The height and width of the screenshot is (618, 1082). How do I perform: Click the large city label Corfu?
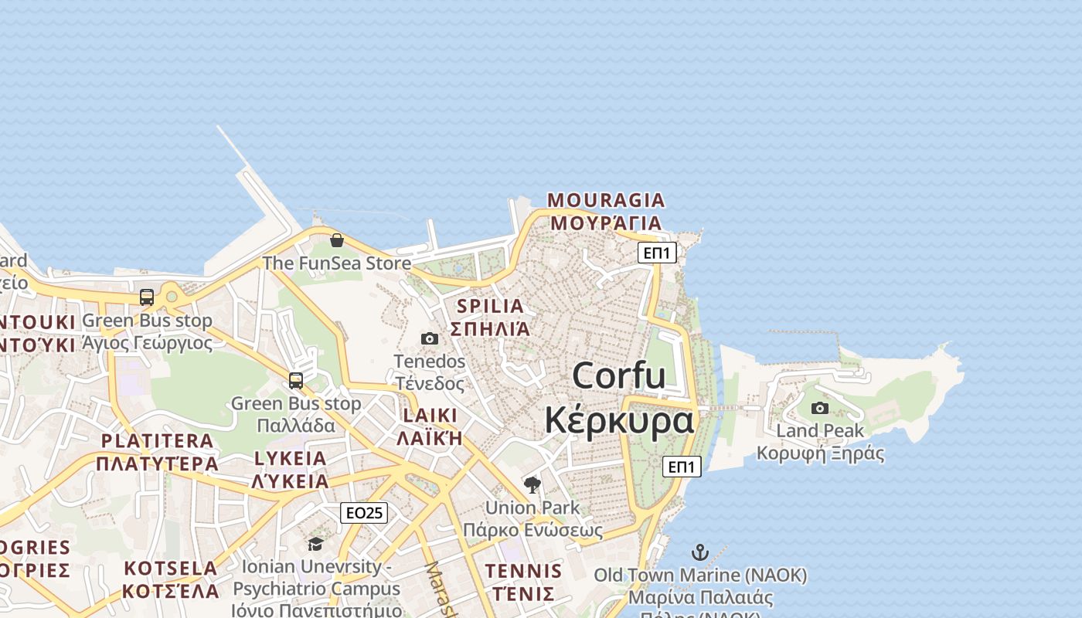[x=619, y=376]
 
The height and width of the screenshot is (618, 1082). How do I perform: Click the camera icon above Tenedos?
[x=430, y=338]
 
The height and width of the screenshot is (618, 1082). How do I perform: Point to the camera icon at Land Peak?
[x=820, y=408]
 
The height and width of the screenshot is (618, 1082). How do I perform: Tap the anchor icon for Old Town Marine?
[x=699, y=552]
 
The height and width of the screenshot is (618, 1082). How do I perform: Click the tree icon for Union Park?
[x=532, y=485]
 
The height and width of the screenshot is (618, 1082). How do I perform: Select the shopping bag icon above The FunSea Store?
[x=337, y=240]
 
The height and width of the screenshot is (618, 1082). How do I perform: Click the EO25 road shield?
[x=364, y=513]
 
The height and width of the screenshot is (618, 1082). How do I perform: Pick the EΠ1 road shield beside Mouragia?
[x=657, y=253]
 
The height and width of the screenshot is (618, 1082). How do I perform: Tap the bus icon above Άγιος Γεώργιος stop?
[x=147, y=297]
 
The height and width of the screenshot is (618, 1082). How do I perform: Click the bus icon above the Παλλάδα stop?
[x=296, y=380]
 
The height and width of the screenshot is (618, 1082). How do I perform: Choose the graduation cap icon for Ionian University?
[x=315, y=545]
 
